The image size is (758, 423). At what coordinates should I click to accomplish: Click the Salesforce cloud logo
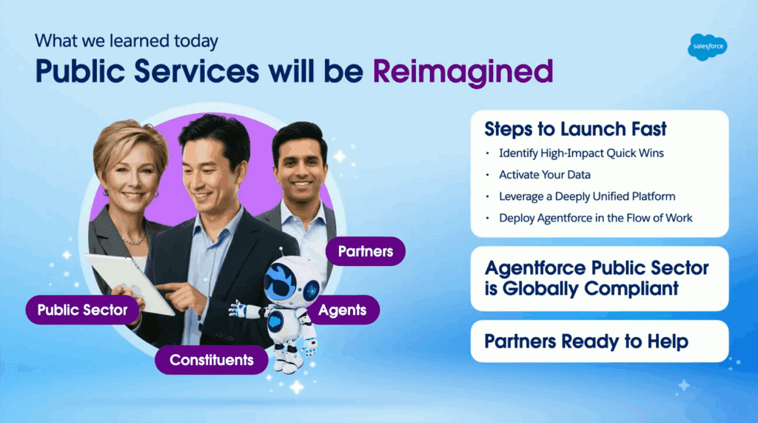(707, 47)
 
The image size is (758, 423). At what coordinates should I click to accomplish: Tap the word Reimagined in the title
(463, 72)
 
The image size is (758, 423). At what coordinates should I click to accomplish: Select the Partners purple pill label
(366, 251)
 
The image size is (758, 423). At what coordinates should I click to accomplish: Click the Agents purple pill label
(342, 310)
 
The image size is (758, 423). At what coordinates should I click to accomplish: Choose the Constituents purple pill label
(211, 359)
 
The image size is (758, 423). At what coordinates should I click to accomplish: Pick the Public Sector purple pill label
(82, 310)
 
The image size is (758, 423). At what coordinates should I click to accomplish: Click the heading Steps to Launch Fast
(575, 129)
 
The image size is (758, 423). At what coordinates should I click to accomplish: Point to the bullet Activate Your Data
(545, 175)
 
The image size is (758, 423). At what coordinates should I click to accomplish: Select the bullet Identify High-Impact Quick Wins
(582, 153)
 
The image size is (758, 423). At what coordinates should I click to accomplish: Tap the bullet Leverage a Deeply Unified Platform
(587, 196)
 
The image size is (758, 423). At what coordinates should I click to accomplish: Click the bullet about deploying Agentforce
(596, 219)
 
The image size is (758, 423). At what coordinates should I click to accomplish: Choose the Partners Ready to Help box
(600, 342)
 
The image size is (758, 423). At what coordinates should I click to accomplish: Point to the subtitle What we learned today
(126, 41)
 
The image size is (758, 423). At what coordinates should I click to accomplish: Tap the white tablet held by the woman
(130, 284)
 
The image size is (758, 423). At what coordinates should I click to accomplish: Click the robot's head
(292, 281)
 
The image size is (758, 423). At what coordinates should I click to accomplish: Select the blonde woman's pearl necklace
(133, 239)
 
